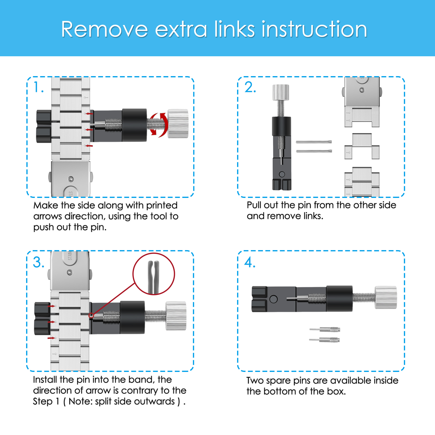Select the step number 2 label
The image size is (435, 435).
point(250,87)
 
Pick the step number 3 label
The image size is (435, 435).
point(39,262)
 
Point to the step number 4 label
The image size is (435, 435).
point(250,262)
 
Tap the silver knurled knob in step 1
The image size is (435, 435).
point(178,124)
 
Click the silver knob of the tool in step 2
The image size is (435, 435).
point(281,92)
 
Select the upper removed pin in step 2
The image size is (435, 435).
point(314,142)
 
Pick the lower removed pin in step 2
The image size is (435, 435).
point(314,151)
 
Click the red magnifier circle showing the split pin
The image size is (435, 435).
point(154,274)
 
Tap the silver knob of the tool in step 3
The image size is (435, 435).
point(176,316)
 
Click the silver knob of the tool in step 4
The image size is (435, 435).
point(386,297)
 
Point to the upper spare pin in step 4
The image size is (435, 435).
point(325,330)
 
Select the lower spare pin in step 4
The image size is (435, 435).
point(325,340)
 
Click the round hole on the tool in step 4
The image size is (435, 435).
point(274,299)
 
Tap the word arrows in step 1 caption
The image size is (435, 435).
point(48,216)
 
